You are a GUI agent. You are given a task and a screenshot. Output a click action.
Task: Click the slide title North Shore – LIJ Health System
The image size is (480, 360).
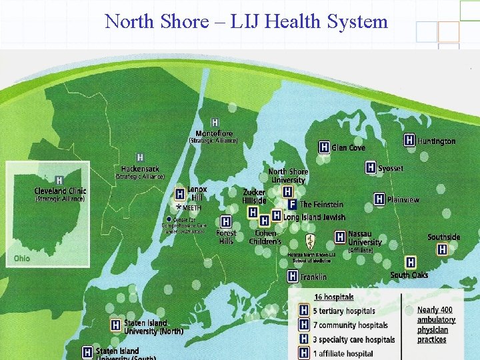[x=246, y=21]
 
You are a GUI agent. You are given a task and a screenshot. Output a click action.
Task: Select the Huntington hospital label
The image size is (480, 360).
[x=436, y=141]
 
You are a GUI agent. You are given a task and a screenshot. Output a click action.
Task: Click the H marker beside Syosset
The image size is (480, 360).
[x=371, y=168]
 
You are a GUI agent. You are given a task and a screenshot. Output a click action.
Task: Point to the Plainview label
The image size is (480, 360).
[x=403, y=199]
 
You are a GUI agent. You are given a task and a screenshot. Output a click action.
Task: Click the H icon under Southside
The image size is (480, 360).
[x=442, y=249]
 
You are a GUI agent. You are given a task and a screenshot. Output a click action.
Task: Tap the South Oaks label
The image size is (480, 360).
[x=409, y=275]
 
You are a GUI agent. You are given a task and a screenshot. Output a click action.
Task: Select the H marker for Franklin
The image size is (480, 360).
[x=293, y=276]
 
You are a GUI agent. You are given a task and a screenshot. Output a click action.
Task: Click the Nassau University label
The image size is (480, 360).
[x=365, y=239]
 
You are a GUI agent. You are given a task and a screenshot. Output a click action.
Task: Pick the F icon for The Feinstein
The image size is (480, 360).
[x=291, y=205]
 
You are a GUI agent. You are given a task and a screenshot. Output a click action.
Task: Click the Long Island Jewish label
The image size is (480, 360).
[x=314, y=217]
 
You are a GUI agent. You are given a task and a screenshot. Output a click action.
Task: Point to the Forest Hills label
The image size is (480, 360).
[x=226, y=237]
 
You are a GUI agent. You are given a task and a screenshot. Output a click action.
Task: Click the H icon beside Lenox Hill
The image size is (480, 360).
[x=179, y=194]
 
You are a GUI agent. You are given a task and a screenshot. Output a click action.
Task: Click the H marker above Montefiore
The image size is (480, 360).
[x=215, y=123]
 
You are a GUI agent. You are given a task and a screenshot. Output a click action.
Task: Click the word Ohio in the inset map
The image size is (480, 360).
[x=22, y=258]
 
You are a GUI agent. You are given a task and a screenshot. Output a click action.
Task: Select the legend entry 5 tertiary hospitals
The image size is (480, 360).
[x=346, y=311]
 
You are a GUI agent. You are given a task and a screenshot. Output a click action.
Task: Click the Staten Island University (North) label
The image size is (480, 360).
[x=153, y=327]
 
